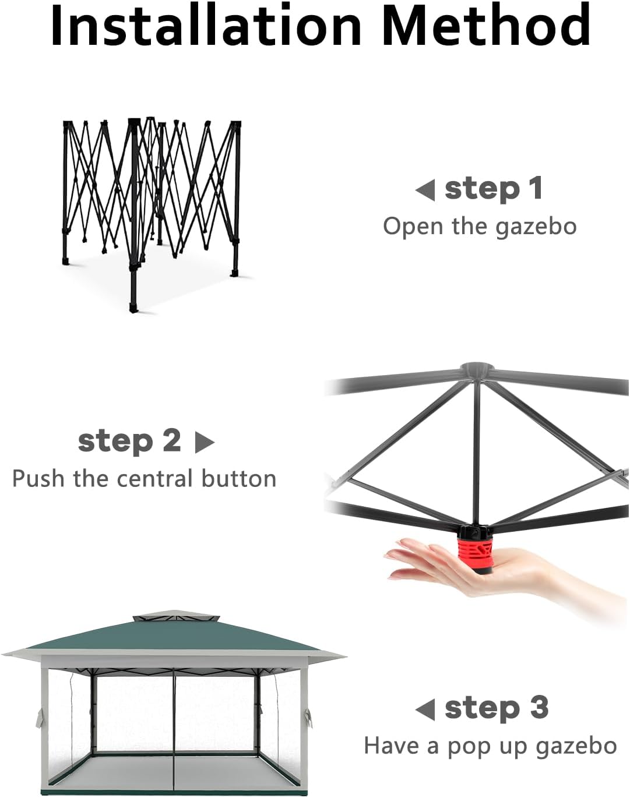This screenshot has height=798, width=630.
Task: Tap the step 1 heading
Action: point(494,189)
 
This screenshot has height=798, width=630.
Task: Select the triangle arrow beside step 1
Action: point(425,190)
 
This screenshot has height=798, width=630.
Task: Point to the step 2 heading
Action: point(129,442)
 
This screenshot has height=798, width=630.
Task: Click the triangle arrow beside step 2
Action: point(205,442)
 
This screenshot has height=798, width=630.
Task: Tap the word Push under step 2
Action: point(39,478)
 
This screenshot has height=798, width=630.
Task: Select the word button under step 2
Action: point(239,478)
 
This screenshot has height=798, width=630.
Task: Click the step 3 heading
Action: point(497,708)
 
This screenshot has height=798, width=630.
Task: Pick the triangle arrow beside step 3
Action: point(425,709)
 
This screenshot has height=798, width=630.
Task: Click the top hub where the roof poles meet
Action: point(477,370)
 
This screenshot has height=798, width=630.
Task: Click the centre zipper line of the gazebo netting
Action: point(174,727)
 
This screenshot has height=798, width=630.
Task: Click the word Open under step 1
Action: point(413,227)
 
